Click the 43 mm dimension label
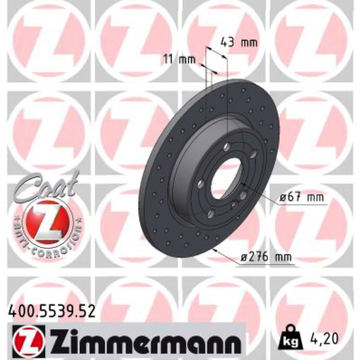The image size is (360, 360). [x=238, y=43]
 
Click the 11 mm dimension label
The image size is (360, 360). [x=180, y=60]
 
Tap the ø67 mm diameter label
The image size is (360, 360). [x=301, y=198]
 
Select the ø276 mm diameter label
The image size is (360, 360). [x=266, y=257]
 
